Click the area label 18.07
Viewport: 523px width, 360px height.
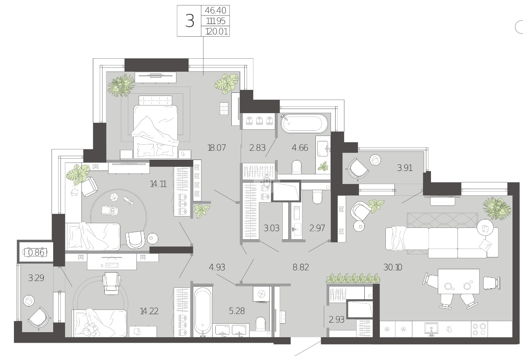click(x=217, y=148)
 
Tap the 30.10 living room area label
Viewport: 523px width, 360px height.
click(x=393, y=267)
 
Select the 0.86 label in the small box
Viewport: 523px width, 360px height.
click(x=36, y=252)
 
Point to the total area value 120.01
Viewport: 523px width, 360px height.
click(x=217, y=31)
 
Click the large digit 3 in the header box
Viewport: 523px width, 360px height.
click(x=190, y=21)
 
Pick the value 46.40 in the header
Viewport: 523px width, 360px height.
click(x=216, y=10)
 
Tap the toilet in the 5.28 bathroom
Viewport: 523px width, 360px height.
click(x=260, y=324)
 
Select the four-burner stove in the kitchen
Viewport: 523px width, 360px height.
click(x=479, y=329)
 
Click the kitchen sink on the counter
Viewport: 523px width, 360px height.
click(x=431, y=330)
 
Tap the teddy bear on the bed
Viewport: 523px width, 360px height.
click(x=89, y=330)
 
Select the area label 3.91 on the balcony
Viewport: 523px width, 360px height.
click(x=405, y=168)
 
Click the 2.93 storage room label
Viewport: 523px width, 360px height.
click(x=336, y=319)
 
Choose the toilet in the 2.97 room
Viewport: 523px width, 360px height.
click(x=317, y=197)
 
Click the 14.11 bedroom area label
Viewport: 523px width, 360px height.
click(x=158, y=184)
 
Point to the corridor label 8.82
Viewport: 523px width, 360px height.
click(x=301, y=267)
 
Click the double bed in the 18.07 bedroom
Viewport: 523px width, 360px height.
click(x=155, y=127)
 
